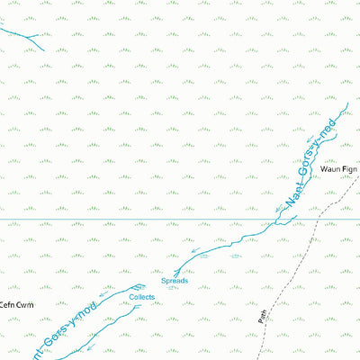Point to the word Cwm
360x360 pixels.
24,304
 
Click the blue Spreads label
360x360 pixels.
175,281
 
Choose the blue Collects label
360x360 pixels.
142,296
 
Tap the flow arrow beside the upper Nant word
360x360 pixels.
278,209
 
